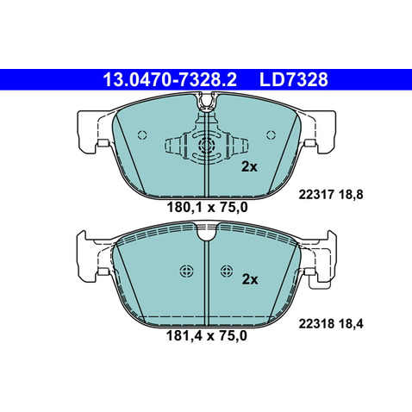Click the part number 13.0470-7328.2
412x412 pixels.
(170, 79)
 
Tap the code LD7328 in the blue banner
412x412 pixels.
(293, 79)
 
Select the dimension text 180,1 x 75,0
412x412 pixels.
(207, 208)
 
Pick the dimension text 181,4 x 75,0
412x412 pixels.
(207, 335)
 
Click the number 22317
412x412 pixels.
(316, 195)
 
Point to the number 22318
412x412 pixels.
(316, 324)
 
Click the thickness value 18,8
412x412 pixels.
(351, 195)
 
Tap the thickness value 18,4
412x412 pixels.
(351, 324)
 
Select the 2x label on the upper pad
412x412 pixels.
(249, 166)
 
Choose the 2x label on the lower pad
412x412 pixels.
(250, 279)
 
